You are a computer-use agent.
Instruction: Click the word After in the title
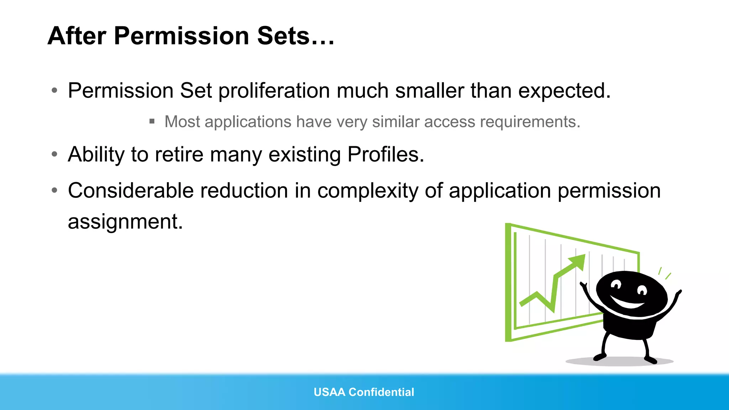click(x=77, y=36)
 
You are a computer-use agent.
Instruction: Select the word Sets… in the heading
click(x=295, y=36)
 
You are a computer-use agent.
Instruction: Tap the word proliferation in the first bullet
click(x=274, y=91)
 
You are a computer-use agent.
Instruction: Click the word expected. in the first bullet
click(x=564, y=91)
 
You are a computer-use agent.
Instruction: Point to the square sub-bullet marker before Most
click(x=152, y=121)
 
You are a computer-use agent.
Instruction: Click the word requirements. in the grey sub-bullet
click(x=530, y=122)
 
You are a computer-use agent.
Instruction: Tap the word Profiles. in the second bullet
click(x=386, y=154)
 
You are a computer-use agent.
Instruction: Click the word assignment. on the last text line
click(x=125, y=221)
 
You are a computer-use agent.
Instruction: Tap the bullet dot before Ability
click(x=54, y=154)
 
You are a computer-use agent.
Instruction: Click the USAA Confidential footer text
click(x=364, y=392)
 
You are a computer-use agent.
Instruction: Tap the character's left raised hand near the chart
click(x=583, y=285)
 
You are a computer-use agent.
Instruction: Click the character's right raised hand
click(x=678, y=293)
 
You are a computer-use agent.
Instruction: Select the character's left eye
click(x=615, y=284)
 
